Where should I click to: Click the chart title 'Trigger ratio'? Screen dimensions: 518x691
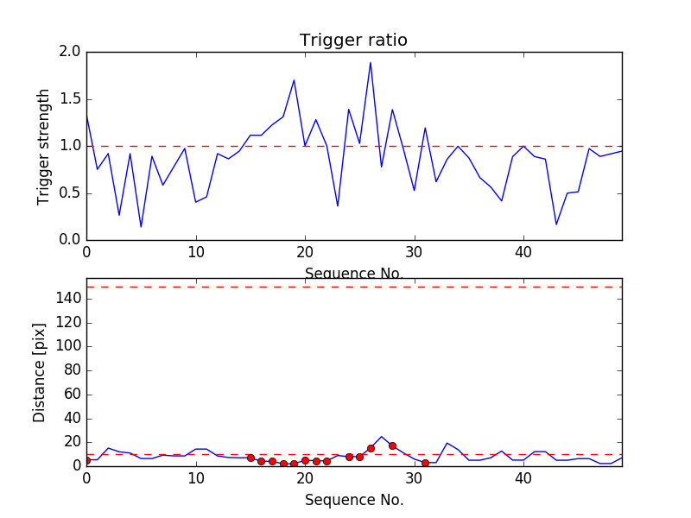click(x=353, y=41)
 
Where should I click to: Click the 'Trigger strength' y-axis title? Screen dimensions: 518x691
click(x=44, y=146)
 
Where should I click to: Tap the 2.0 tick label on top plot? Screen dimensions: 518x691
click(x=70, y=52)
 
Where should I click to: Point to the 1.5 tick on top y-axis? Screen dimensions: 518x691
click(x=70, y=99)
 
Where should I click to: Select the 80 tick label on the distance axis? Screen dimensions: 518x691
click(x=72, y=370)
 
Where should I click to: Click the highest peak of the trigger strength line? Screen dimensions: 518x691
click(x=371, y=62)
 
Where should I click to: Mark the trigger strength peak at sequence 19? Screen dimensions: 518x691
click(x=295, y=80)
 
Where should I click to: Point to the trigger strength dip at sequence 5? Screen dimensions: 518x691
click(x=141, y=227)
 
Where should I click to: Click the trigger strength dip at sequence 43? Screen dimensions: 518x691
click(x=556, y=224)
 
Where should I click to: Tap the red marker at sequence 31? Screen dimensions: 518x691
click(x=425, y=463)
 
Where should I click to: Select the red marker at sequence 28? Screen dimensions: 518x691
click(x=392, y=445)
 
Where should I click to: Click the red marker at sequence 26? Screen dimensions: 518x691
click(x=371, y=448)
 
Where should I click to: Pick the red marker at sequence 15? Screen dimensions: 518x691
click(x=250, y=458)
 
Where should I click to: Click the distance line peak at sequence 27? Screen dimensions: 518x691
click(x=381, y=437)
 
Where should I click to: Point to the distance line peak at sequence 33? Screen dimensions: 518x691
click(x=447, y=443)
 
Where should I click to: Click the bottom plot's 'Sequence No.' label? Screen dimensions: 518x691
click(x=354, y=500)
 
